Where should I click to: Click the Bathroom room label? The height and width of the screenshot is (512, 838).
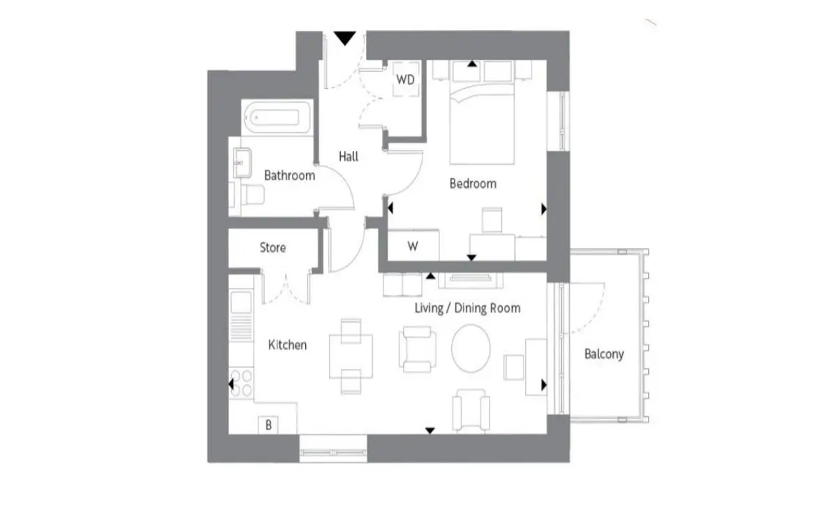(290, 175)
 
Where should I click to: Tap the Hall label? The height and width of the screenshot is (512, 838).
(348, 156)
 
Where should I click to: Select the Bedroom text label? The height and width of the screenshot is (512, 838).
(473, 184)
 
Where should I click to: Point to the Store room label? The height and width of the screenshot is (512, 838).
(273, 247)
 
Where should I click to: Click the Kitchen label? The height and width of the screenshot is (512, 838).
(287, 344)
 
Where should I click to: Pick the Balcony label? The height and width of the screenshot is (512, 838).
(604, 353)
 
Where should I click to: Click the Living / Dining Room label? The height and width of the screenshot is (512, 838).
(467, 308)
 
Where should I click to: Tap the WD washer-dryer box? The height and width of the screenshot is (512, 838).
(406, 80)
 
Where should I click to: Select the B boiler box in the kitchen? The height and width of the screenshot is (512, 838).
(268, 425)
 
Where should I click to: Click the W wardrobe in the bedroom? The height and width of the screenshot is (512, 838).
(413, 246)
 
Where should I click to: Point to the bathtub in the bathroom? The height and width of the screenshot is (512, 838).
(277, 117)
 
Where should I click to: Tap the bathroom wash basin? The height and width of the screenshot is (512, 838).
(242, 163)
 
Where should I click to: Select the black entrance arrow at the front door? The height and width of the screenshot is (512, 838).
(344, 38)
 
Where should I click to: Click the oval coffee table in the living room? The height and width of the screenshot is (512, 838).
(471, 349)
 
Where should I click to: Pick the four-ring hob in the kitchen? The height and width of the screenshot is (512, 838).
(242, 383)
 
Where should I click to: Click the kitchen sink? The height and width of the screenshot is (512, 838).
(241, 302)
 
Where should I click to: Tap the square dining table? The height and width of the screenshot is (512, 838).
(351, 356)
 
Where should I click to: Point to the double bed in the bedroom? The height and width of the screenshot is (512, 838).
(483, 124)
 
